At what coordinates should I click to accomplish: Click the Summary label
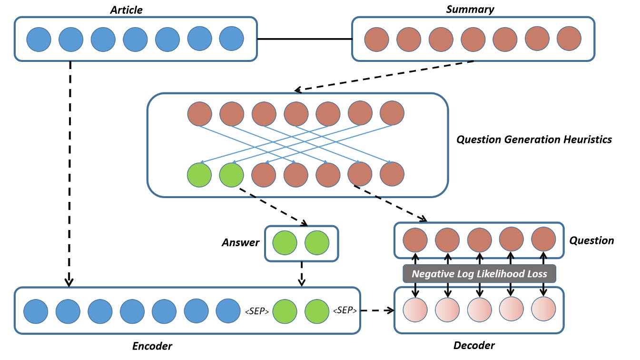click(470, 9)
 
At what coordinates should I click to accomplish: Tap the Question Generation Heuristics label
click(534, 140)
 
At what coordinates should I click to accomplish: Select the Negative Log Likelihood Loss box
click(479, 274)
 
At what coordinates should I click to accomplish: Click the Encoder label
click(152, 346)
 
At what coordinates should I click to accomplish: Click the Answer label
click(241, 243)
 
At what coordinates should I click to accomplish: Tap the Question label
click(591, 240)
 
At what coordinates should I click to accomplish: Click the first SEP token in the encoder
click(257, 311)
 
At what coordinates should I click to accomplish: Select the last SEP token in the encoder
click(343, 310)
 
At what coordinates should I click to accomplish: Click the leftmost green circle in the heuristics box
click(200, 174)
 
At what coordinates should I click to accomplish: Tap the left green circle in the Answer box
click(285, 243)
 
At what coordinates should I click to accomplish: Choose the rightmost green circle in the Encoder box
click(317, 311)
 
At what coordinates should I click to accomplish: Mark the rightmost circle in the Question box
click(543, 240)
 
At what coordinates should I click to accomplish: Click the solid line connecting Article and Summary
click(304, 39)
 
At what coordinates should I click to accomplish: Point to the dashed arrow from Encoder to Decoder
click(376, 310)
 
